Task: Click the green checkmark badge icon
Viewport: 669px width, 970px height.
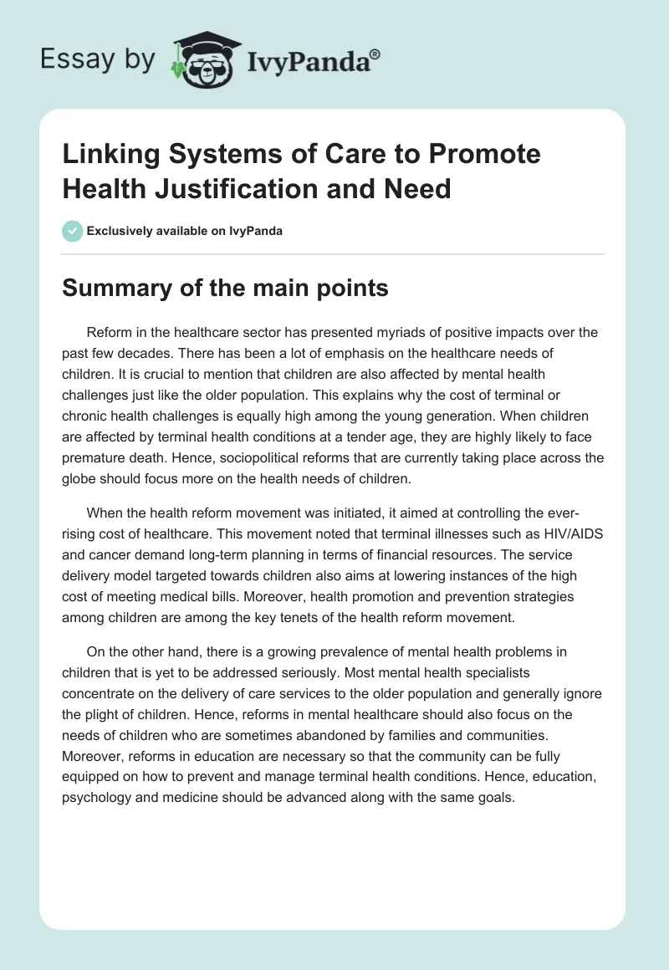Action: coord(74,232)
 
